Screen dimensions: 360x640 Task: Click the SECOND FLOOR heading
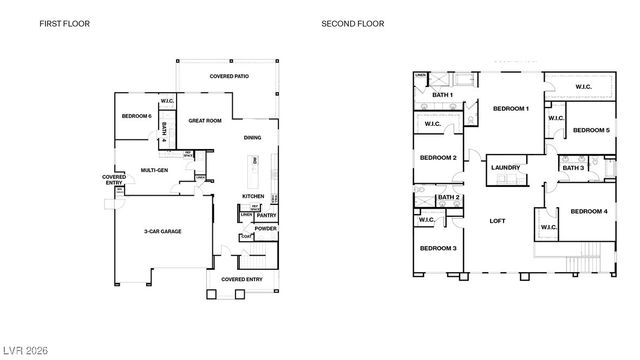pos(352,23)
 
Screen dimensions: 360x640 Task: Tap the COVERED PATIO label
pos(229,76)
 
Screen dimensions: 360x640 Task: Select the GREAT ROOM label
pos(205,120)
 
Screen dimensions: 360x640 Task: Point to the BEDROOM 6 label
pos(136,116)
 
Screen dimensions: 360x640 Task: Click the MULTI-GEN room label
pos(154,170)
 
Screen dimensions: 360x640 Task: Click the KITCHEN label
pos(253,196)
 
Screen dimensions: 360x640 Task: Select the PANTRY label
pos(266,215)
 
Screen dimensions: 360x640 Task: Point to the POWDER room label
pos(266,228)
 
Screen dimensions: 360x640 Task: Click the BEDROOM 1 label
pos(511,108)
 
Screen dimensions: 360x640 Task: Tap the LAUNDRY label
pos(506,168)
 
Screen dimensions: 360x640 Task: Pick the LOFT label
pos(497,221)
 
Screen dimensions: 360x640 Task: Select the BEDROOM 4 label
pos(588,211)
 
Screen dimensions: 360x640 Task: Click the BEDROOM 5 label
pos(593,130)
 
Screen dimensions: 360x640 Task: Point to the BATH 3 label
pos(573,168)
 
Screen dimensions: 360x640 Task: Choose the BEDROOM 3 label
pos(438,248)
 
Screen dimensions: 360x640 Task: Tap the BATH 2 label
pos(449,198)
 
